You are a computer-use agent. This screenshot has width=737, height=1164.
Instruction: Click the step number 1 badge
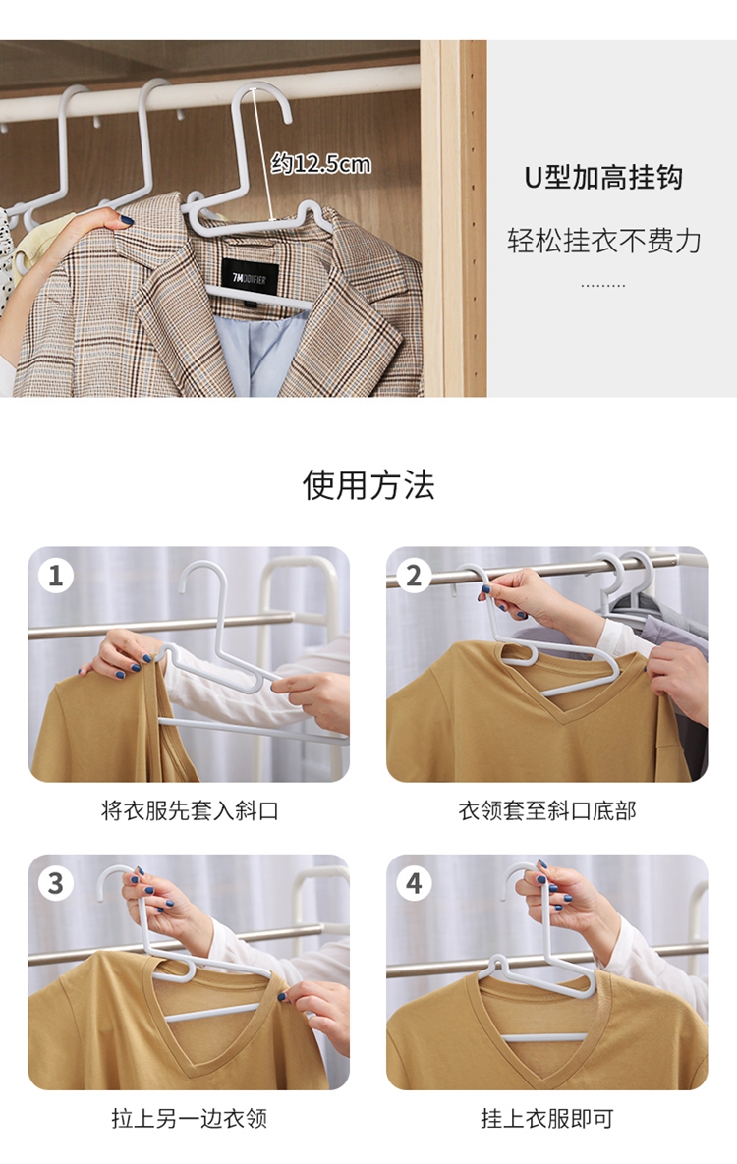pos(56,576)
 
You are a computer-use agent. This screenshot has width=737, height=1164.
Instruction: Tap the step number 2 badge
pos(414,576)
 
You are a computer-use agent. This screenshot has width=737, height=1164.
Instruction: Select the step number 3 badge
pos(56,883)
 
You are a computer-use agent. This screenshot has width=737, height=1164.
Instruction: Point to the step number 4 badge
pos(414,883)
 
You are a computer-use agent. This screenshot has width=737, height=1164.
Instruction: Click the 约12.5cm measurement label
pos(321,163)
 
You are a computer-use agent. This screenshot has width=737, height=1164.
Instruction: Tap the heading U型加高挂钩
pos(603,178)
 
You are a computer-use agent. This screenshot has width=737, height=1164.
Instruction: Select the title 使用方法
pos(368,485)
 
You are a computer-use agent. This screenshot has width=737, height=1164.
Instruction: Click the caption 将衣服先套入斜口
pos(190,810)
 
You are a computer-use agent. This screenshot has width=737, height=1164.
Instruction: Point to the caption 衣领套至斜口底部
pos(546,810)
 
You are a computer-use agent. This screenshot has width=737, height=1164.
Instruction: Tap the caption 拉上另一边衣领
pos(190,1118)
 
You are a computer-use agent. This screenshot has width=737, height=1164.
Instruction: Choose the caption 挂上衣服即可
pos(546,1118)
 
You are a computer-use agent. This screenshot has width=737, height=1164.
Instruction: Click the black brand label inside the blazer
pos(250,279)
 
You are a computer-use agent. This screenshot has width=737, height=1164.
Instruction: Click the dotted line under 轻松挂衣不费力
pos(602,285)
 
